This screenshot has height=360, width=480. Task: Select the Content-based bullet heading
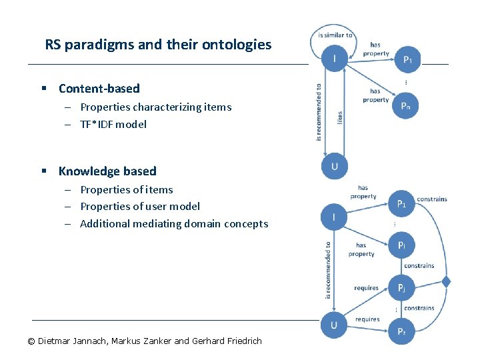click(x=99, y=89)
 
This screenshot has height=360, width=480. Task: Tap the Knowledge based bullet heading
click(x=107, y=171)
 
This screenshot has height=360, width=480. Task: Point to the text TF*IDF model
click(x=113, y=124)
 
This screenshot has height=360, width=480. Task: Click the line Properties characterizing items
click(x=155, y=107)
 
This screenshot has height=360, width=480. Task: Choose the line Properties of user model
click(x=139, y=207)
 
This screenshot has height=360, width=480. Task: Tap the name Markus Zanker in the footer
click(x=142, y=341)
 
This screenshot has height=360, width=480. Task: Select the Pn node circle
click(x=405, y=106)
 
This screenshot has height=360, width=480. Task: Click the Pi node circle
click(x=401, y=245)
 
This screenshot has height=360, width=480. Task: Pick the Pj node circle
click(x=401, y=288)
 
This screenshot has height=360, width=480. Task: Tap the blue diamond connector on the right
click(x=446, y=282)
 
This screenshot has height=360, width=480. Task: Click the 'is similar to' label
click(x=335, y=35)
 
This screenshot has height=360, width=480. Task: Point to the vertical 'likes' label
click(x=339, y=117)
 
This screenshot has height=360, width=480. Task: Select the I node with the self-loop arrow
click(x=334, y=59)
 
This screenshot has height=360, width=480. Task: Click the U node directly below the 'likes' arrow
click(x=334, y=167)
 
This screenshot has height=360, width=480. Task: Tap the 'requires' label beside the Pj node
click(x=366, y=288)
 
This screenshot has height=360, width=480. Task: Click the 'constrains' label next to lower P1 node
click(x=431, y=199)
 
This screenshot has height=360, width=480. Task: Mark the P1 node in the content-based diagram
click(x=407, y=59)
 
